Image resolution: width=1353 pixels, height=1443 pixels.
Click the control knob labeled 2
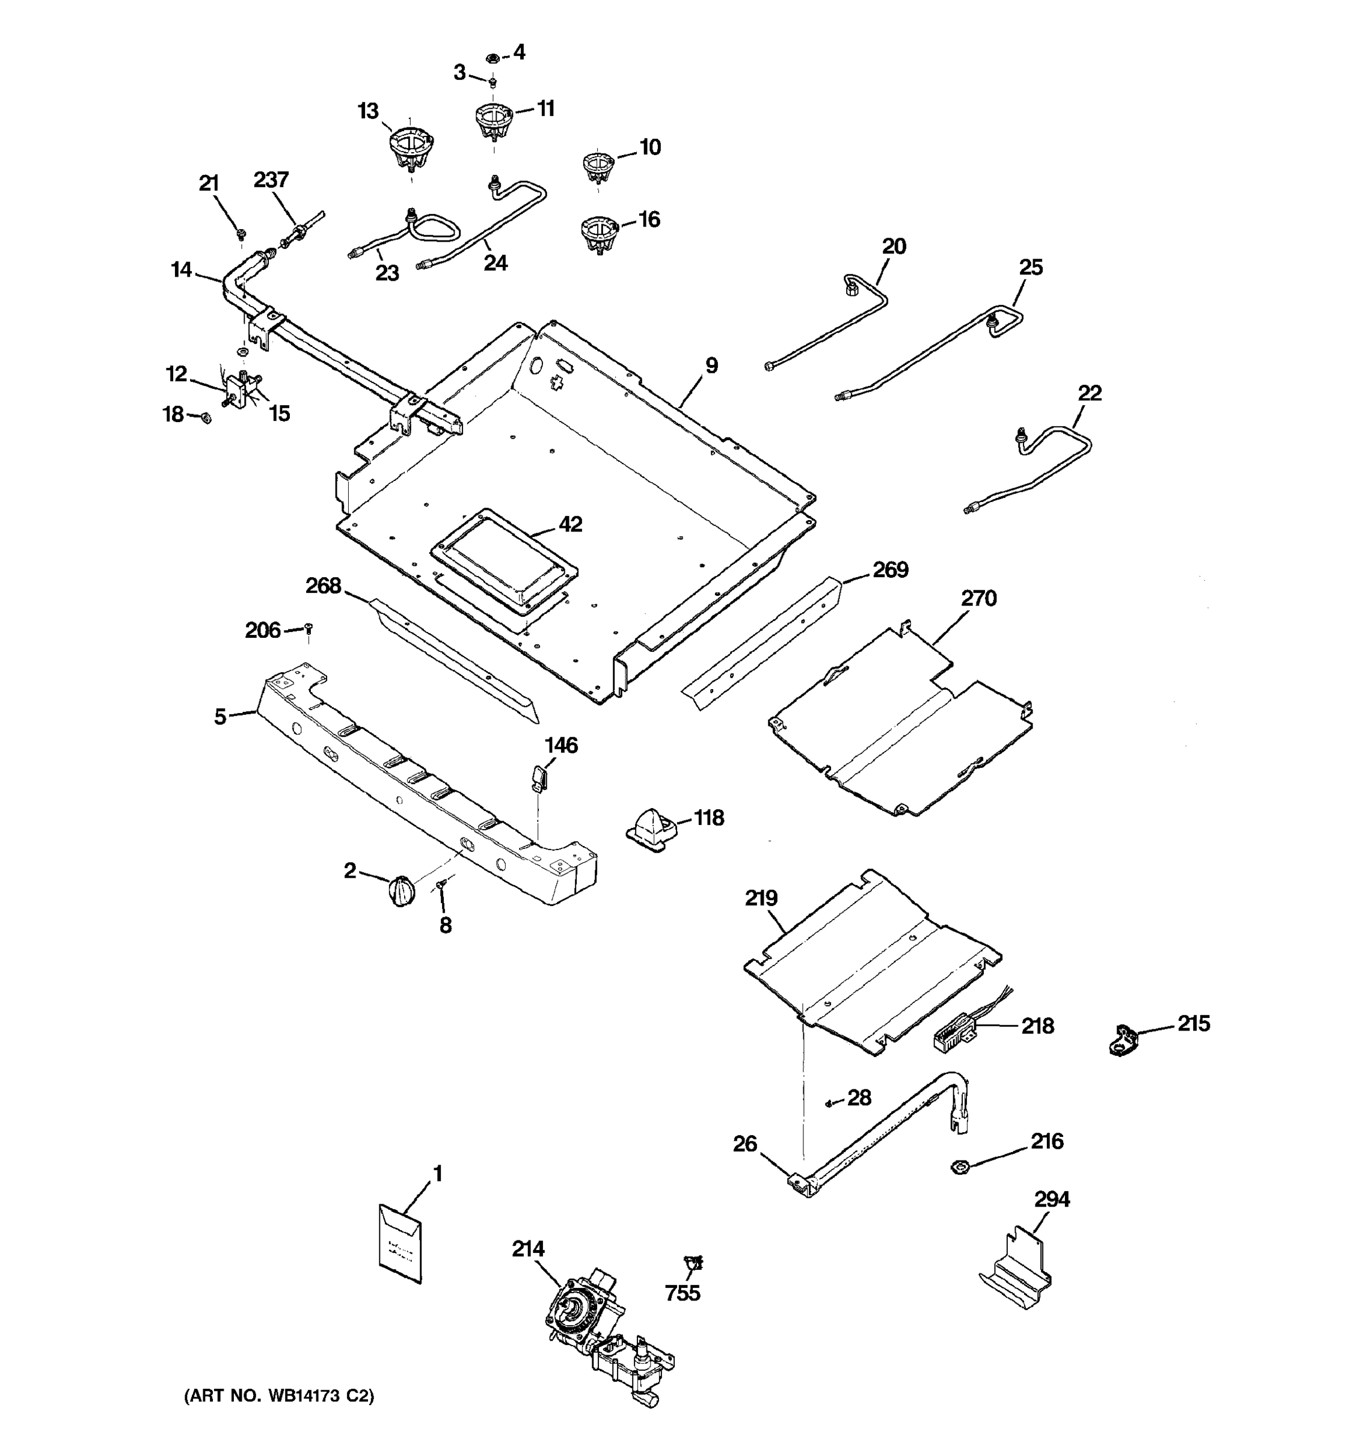point(402,890)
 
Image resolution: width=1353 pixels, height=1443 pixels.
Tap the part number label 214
point(528,1248)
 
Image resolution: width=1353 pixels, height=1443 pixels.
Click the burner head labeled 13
point(410,147)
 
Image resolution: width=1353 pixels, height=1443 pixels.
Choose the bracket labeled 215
point(1124,1040)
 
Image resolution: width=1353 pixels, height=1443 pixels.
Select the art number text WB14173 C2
point(280,1395)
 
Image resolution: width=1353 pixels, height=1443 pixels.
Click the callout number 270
point(978,598)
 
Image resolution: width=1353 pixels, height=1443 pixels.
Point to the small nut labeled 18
point(206,417)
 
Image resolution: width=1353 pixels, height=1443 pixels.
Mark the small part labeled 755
point(693,1263)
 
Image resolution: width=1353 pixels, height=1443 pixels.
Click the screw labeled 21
point(241,234)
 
